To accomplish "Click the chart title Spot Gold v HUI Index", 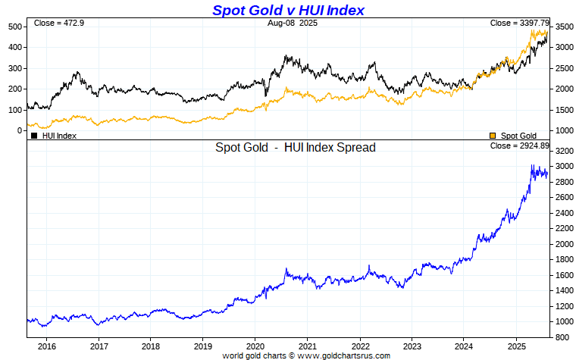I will tap(288, 10).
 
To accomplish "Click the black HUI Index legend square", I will tap(34, 136).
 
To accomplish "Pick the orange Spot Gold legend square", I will tap(493, 136).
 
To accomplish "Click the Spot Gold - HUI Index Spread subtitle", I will tap(296, 148).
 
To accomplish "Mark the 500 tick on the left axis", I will tap(14, 27).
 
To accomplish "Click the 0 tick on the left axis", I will tap(20, 130).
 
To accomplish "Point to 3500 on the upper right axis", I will tap(565, 27).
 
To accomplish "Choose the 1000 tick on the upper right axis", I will tap(565, 130).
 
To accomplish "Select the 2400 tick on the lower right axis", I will tap(565, 213).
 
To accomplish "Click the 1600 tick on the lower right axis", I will tap(565, 275).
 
